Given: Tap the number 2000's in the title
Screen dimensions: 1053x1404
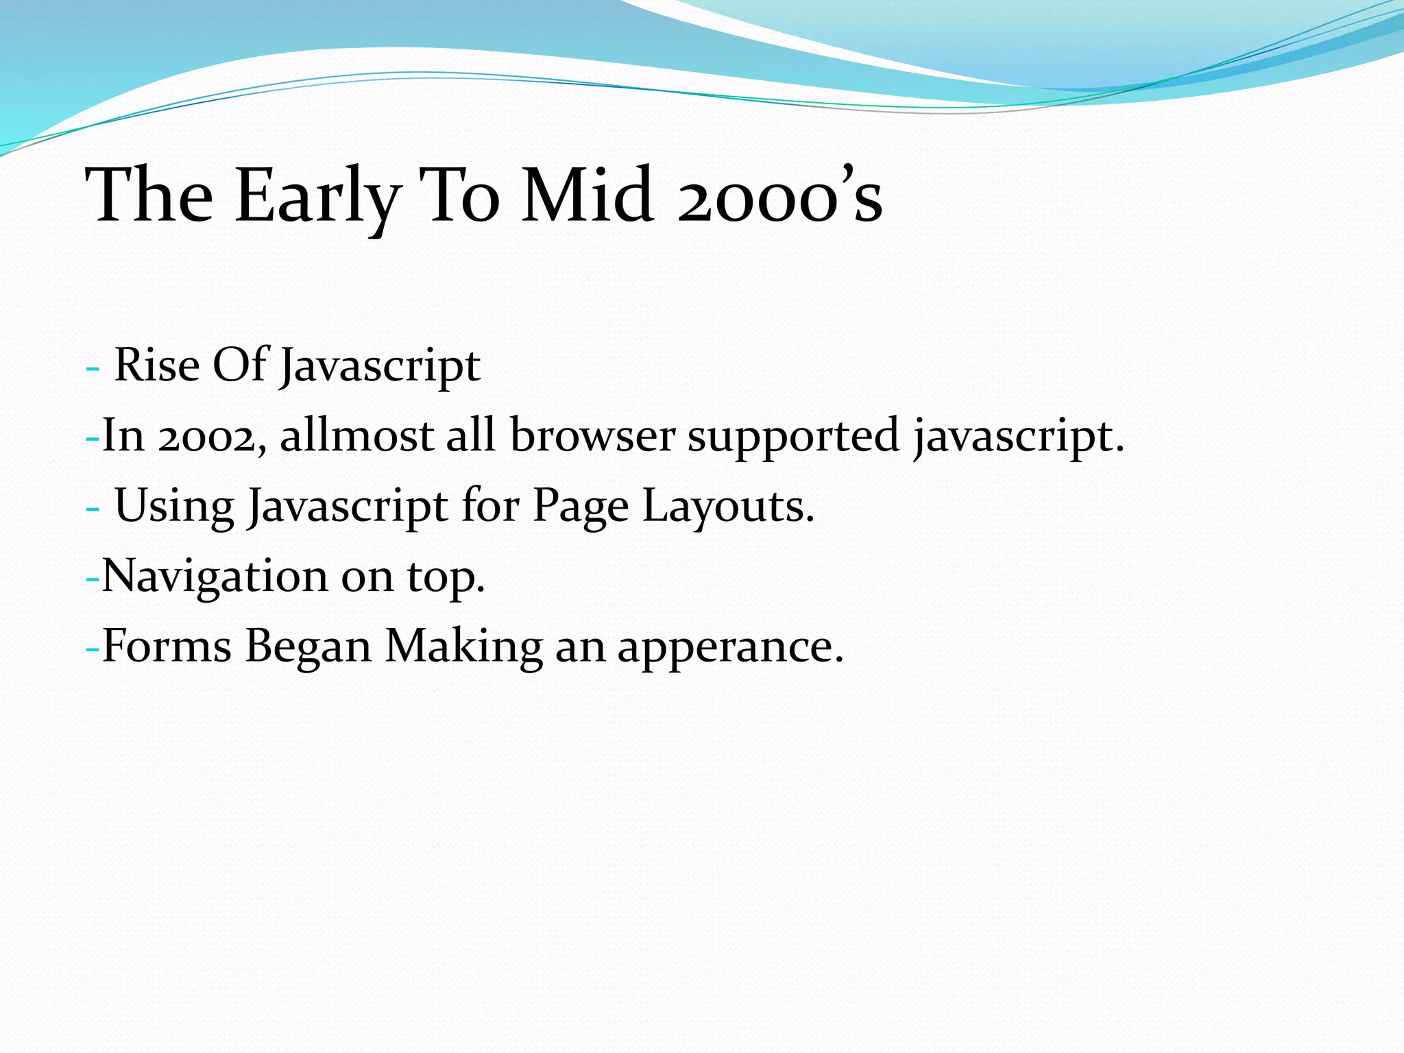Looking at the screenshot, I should click(x=779, y=197).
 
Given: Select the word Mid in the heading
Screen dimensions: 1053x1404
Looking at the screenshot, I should click(x=585, y=197).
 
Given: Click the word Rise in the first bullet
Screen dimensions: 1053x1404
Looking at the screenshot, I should click(x=156, y=365).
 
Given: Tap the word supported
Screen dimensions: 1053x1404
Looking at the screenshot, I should click(x=793, y=437).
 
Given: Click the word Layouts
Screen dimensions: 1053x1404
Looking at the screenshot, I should click(x=728, y=507).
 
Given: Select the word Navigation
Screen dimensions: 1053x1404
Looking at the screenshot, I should click(x=215, y=577).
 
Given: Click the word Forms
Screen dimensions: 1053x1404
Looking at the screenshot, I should click(x=167, y=646).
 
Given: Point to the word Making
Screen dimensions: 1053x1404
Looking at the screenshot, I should click(x=463, y=646).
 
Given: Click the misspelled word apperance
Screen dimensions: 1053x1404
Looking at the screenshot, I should click(x=730, y=648).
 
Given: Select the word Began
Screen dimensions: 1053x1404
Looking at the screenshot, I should click(x=308, y=648).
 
